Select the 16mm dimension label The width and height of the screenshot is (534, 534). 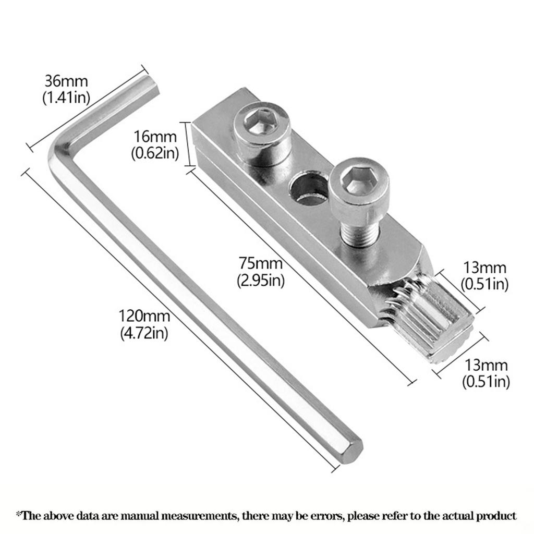(x=155, y=137)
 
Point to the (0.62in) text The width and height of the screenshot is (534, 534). (x=155, y=153)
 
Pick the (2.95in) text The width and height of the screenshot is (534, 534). (x=261, y=280)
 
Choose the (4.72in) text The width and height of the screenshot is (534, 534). (x=144, y=333)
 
